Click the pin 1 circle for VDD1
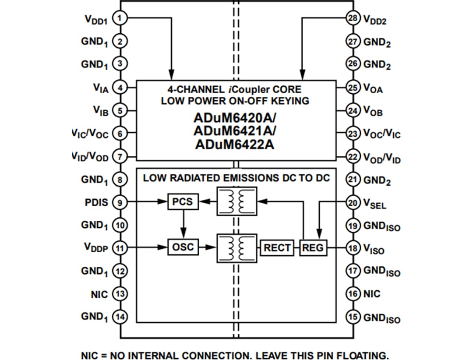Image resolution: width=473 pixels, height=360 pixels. pyautogui.click(x=120, y=18)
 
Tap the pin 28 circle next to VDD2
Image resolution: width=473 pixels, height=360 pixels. pyautogui.click(x=353, y=18)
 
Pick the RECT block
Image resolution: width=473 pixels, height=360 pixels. pyautogui.click(x=277, y=248)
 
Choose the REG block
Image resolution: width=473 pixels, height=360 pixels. pyautogui.click(x=313, y=248)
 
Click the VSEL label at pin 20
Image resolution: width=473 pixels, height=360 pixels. pyautogui.click(x=375, y=204)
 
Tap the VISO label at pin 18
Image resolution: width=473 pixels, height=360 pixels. pyautogui.click(x=374, y=250)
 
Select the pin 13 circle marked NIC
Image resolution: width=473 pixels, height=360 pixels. pyautogui.click(x=120, y=294)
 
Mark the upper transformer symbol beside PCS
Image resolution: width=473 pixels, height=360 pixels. pyautogui.click(x=236, y=201)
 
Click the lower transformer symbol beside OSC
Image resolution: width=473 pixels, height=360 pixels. pyautogui.click(x=236, y=248)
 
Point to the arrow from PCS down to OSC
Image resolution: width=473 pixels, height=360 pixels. pyautogui.click(x=183, y=224)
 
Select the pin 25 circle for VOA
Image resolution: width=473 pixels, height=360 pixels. pyautogui.click(x=353, y=88)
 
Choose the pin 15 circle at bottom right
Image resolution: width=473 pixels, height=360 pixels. pyautogui.click(x=353, y=317)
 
